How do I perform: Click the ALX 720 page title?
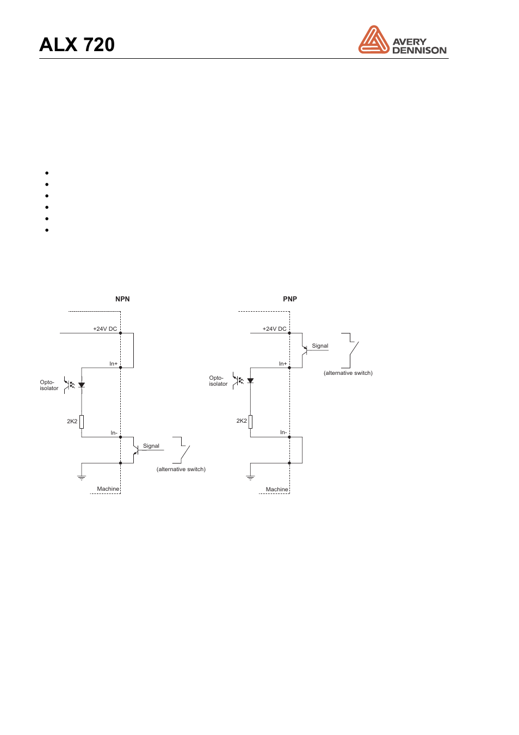point(77,45)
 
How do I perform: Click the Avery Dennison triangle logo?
point(373,40)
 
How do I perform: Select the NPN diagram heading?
point(122,299)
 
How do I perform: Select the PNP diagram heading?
point(290,299)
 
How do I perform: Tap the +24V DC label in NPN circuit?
point(105,329)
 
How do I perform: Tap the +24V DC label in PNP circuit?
point(274,329)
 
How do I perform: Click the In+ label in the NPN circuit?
point(113,363)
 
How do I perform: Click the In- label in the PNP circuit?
point(283,432)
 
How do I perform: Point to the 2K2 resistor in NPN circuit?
point(82,421)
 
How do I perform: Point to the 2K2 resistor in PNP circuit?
point(251,421)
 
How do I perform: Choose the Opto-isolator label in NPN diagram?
point(48,385)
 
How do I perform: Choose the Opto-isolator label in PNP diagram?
point(218,381)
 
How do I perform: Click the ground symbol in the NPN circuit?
point(82,477)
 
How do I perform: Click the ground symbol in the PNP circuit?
point(251,477)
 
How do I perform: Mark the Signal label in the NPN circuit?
point(151,446)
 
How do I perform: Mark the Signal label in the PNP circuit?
point(320,345)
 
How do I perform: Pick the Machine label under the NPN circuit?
point(108,489)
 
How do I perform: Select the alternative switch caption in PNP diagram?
point(348,373)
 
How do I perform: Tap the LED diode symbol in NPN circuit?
point(82,385)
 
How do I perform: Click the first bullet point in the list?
point(47,173)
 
